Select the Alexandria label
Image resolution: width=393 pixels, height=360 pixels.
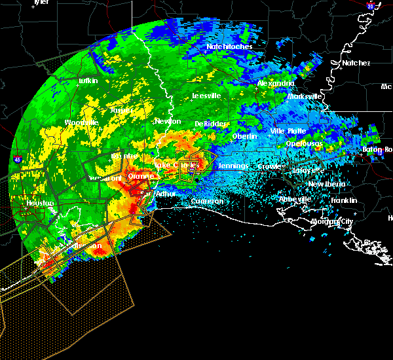pyautogui.click(x=276, y=84)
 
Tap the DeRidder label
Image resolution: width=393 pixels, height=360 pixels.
pyautogui.click(x=210, y=124)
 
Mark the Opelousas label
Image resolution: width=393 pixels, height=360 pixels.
pyautogui.click(x=305, y=143)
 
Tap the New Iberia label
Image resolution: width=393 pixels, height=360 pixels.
pyautogui.click(x=326, y=185)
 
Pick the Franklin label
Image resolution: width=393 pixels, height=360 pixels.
pyautogui.click(x=343, y=200)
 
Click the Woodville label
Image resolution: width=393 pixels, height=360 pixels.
pyautogui.click(x=81, y=122)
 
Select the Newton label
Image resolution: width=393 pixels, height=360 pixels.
pyautogui.click(x=168, y=121)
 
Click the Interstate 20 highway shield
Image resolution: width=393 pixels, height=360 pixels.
pyautogui.click(x=370, y=6)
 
